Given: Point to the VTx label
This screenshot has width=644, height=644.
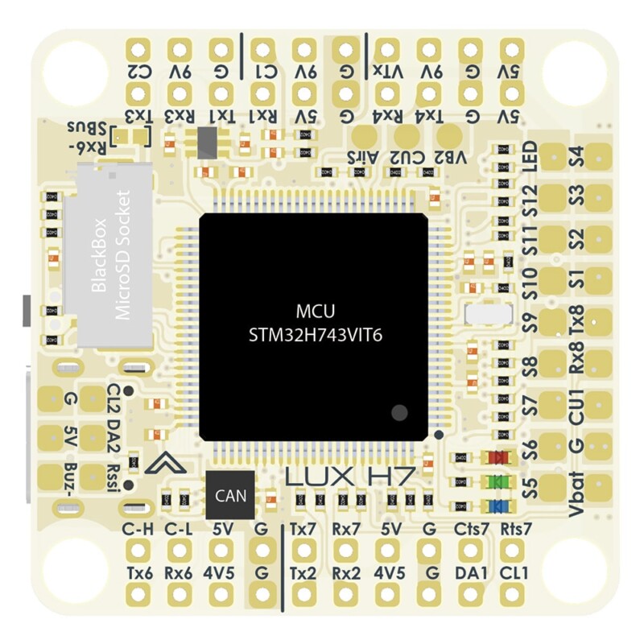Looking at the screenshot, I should click(x=387, y=72).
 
